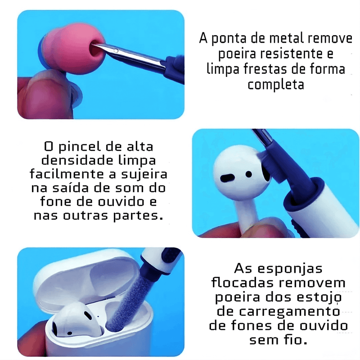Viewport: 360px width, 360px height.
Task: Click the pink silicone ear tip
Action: (72, 49)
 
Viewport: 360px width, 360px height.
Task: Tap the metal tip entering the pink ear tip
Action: (129, 54)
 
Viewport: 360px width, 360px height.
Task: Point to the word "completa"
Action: (276, 85)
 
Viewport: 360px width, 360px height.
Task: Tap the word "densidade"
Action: (77, 160)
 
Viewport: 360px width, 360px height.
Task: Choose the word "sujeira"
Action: (144, 175)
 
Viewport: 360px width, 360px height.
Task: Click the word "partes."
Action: (138, 216)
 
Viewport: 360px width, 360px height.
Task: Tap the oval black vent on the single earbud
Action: (227, 178)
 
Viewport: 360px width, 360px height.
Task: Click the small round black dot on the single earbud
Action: (249, 174)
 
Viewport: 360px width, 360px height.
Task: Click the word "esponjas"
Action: (290, 269)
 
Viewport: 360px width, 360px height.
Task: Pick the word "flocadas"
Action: (243, 283)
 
